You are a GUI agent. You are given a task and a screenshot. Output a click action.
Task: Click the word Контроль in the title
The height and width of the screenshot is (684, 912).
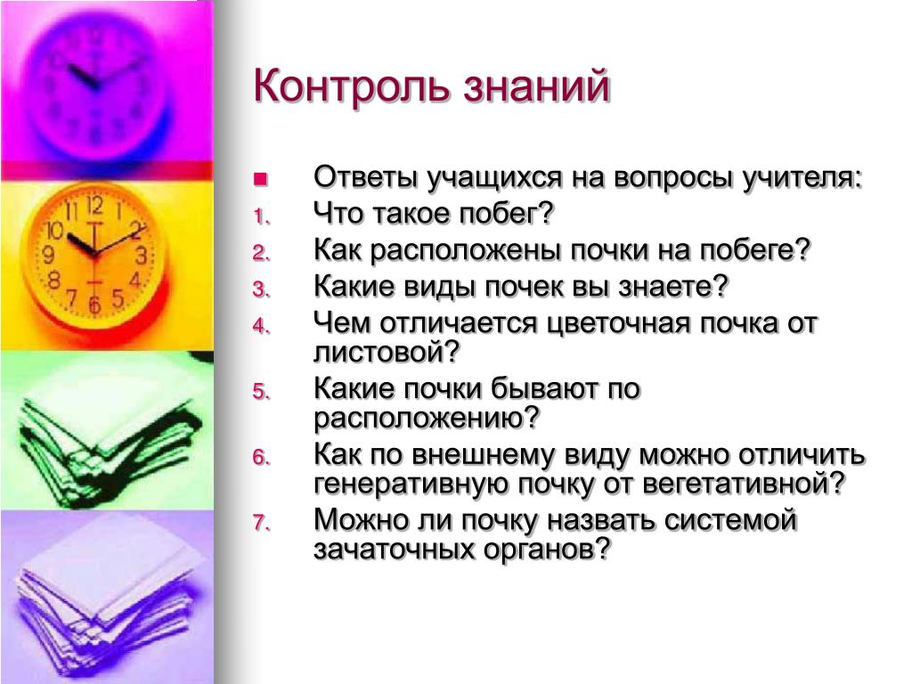coord(351,86)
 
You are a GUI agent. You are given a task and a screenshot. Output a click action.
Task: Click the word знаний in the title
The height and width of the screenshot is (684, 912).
coord(537,86)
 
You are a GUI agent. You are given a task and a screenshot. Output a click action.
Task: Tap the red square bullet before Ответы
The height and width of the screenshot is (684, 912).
coord(261,179)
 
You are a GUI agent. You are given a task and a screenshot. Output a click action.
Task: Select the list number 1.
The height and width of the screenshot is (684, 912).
coord(262,216)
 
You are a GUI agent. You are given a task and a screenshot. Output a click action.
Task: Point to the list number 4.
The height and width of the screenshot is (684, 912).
coord(262,326)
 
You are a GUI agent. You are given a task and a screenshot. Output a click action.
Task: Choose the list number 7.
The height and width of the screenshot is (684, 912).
coord(262,522)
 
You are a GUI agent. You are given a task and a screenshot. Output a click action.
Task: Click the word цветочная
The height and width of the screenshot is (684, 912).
coord(619,323)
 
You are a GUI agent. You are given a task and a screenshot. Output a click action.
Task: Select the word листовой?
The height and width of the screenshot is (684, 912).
coord(387,352)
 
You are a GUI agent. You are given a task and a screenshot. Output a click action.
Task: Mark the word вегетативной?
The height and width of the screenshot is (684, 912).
coord(744,484)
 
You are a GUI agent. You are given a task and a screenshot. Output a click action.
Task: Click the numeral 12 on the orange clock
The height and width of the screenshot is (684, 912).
coord(94,206)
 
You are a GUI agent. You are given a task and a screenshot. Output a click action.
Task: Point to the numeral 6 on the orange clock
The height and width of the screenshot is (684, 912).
coord(94,304)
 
